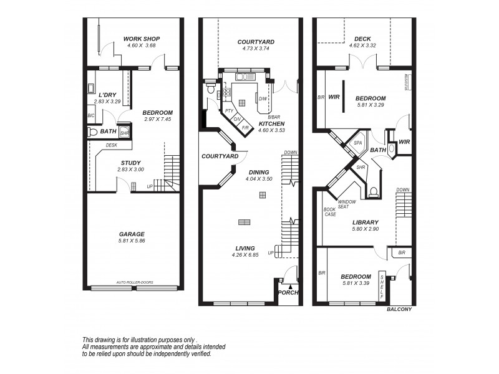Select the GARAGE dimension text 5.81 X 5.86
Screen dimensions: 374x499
132,241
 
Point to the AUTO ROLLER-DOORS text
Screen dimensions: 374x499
135,282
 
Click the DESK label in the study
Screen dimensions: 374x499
112,145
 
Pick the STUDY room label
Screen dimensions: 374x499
131,163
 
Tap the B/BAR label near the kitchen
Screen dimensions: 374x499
274,117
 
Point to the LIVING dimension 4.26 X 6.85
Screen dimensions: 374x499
245,254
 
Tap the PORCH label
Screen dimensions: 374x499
288,293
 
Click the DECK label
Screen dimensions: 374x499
362,39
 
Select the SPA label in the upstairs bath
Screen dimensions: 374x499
358,143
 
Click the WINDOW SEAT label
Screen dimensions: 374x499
347,204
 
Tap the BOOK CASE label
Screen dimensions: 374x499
330,211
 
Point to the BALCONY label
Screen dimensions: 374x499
399,309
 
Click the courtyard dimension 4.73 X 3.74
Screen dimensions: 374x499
256,49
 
